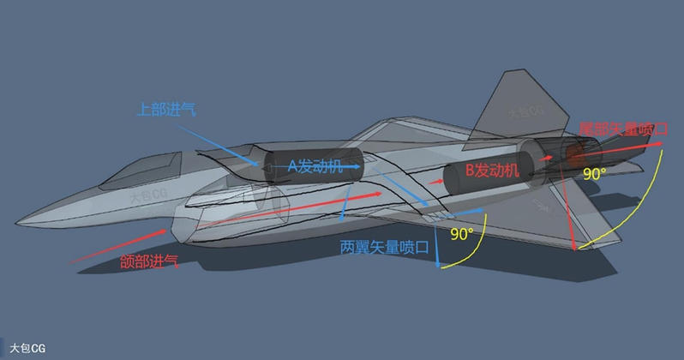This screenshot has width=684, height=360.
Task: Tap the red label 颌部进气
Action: (149, 262)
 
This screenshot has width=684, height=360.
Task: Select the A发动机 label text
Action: (314, 166)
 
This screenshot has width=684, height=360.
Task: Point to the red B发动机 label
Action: (492, 171)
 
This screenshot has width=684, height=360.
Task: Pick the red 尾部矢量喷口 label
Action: (623, 129)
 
